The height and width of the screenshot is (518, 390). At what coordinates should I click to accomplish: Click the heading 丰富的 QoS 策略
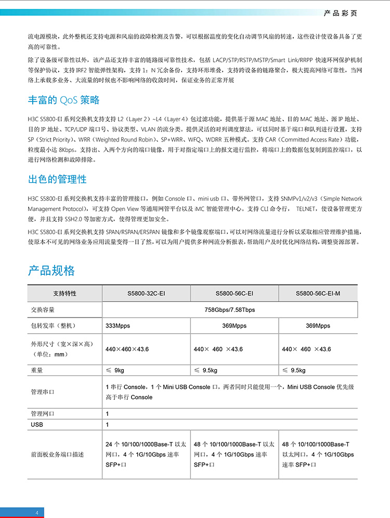(x=63, y=100)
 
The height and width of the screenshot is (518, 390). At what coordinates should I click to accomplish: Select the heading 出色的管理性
(x=57, y=179)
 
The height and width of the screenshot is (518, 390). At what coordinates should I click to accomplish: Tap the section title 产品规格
(x=51, y=270)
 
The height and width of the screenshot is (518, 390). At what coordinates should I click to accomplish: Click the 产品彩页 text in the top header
(x=341, y=11)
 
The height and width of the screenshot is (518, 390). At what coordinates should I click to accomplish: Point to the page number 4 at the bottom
(x=37, y=513)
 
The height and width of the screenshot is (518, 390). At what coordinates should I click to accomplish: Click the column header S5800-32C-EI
(x=146, y=294)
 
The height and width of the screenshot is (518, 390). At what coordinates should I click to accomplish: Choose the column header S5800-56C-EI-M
(x=318, y=294)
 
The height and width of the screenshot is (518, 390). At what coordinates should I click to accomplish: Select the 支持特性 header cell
(x=64, y=294)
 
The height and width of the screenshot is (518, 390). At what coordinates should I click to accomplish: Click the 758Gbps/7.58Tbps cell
(x=229, y=310)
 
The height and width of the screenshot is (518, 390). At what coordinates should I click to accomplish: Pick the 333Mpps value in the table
(x=118, y=326)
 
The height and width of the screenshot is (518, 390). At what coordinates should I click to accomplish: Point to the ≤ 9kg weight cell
(x=115, y=370)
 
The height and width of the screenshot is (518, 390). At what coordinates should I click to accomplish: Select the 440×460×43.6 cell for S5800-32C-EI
(x=127, y=349)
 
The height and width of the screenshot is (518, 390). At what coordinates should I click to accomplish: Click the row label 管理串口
(x=43, y=392)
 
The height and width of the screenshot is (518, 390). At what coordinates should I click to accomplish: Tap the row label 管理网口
(x=43, y=413)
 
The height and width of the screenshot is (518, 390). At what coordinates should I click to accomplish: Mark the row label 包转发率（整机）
(x=54, y=326)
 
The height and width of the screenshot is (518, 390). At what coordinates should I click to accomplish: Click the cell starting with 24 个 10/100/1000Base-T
(x=146, y=454)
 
